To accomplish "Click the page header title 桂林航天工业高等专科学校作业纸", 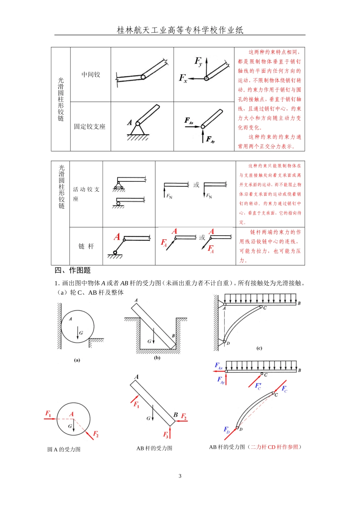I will point(180,30).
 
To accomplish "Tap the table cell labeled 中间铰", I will point(91,75).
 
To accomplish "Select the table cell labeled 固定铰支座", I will point(90,126).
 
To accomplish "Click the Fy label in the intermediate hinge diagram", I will point(199,61).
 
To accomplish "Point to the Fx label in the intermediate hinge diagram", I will point(183,78).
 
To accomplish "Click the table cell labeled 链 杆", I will point(86,246).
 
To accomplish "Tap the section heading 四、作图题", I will point(73,270).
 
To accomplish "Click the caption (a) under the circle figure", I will point(77,360).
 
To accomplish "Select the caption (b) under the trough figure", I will point(157,358).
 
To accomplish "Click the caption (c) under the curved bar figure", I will point(259,348).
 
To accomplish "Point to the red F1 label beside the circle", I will point(48,414).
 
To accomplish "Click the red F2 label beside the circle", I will point(96,434).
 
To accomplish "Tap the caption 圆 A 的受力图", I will point(64,449).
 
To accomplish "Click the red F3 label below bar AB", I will point(166,434).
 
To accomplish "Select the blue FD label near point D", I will point(227,430).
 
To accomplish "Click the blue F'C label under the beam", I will point(258,386).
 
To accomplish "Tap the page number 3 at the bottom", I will point(180,476).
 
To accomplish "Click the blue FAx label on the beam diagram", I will point(219,366).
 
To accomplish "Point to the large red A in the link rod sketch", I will point(117,237).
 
